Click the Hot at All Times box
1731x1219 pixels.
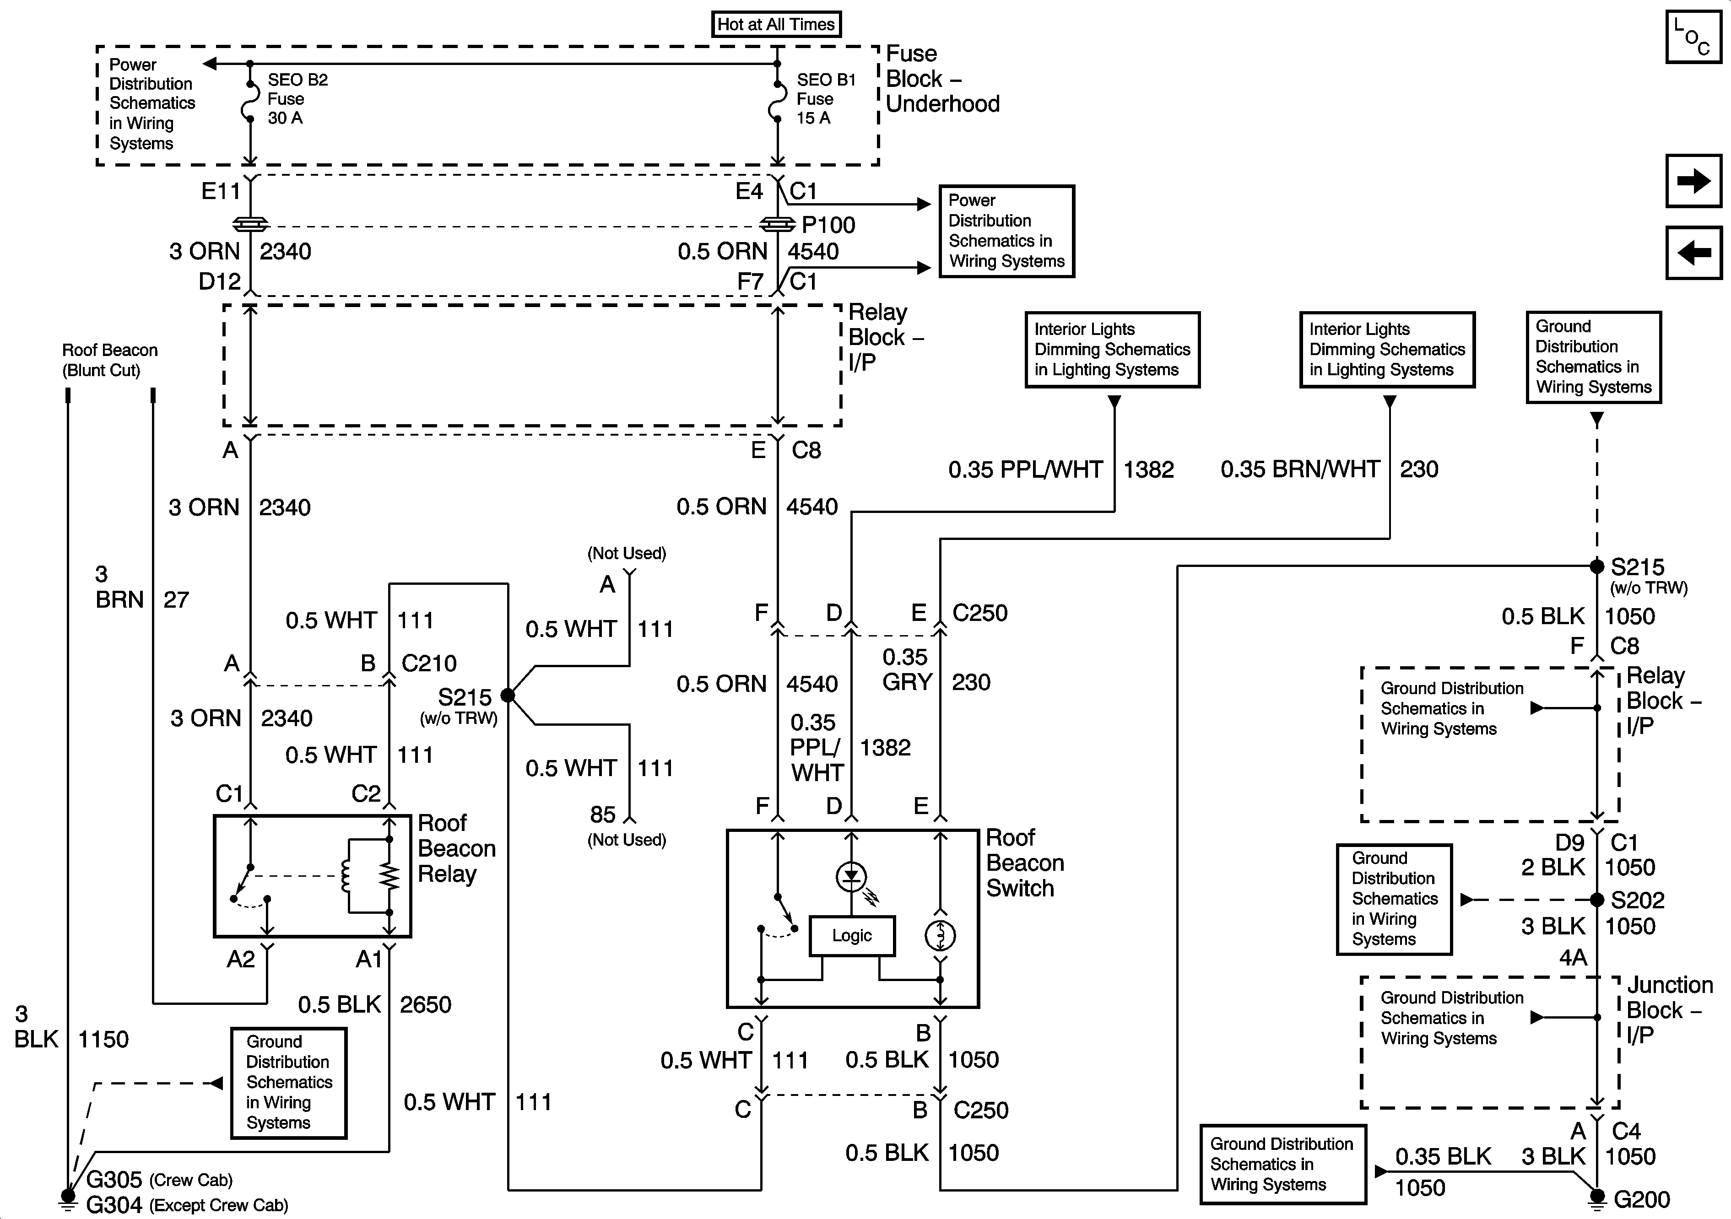click(x=776, y=24)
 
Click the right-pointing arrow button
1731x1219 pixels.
click(x=1693, y=181)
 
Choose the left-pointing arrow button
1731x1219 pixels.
click(x=1693, y=253)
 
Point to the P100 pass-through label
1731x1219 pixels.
click(x=828, y=225)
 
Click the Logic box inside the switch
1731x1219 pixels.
click(x=852, y=936)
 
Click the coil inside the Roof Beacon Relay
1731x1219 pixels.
click(x=347, y=875)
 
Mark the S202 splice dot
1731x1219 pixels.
click(x=1597, y=899)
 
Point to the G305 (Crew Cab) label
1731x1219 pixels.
click(x=158, y=1179)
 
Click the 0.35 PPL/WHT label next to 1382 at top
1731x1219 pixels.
click(x=1025, y=469)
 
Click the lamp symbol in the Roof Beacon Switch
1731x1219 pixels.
click(x=940, y=936)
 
